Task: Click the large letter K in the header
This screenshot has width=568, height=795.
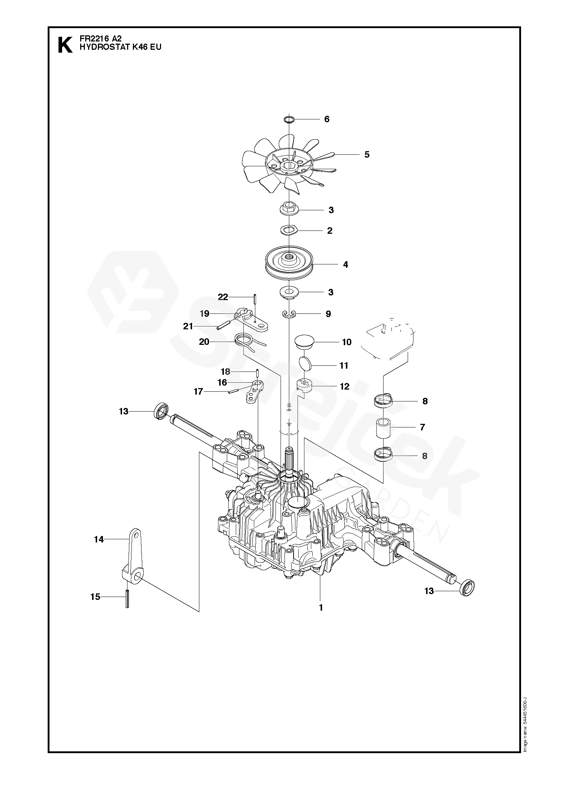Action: (65, 45)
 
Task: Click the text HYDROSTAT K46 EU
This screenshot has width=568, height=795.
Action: (120, 47)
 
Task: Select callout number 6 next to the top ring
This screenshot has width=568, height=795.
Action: (327, 119)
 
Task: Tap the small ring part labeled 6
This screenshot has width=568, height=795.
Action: (289, 119)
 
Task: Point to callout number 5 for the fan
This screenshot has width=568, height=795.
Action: (367, 154)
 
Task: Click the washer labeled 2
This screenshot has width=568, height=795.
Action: (289, 230)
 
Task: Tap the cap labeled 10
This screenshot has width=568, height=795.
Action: (303, 341)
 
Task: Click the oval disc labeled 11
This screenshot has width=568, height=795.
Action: (305, 364)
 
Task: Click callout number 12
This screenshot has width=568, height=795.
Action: (344, 387)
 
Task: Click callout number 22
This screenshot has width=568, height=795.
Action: (223, 297)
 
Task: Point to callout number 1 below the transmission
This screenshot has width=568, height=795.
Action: (321, 608)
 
